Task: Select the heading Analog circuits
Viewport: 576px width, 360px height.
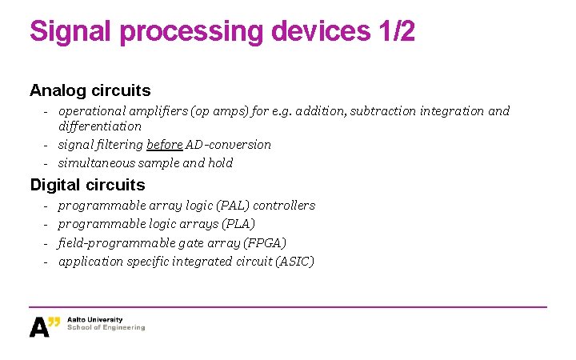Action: click(x=90, y=90)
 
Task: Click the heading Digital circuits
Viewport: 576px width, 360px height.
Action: click(x=87, y=185)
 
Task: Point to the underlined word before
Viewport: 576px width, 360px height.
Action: click(x=164, y=145)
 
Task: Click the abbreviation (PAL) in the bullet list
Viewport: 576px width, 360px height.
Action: click(x=232, y=206)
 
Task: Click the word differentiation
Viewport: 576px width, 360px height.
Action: click(x=100, y=126)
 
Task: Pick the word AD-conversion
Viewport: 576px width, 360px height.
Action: click(x=229, y=145)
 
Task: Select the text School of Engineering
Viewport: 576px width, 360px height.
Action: click(x=106, y=328)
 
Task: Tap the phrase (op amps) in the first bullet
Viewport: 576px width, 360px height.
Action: click(x=222, y=111)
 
